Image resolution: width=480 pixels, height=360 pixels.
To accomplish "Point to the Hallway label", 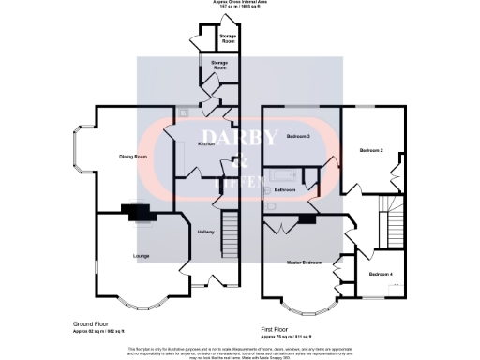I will point(207,232).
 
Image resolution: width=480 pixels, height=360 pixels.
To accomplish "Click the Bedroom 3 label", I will point(298,137).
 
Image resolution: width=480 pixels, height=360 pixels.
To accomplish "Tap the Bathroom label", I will point(284,190).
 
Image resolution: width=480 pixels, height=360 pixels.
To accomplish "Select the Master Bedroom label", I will point(306,262).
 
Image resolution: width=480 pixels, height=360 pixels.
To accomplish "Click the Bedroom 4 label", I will point(381,273).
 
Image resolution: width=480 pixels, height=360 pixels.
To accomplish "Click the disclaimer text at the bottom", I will point(240,350).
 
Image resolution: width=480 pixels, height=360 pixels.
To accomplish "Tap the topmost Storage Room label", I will point(228,38).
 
